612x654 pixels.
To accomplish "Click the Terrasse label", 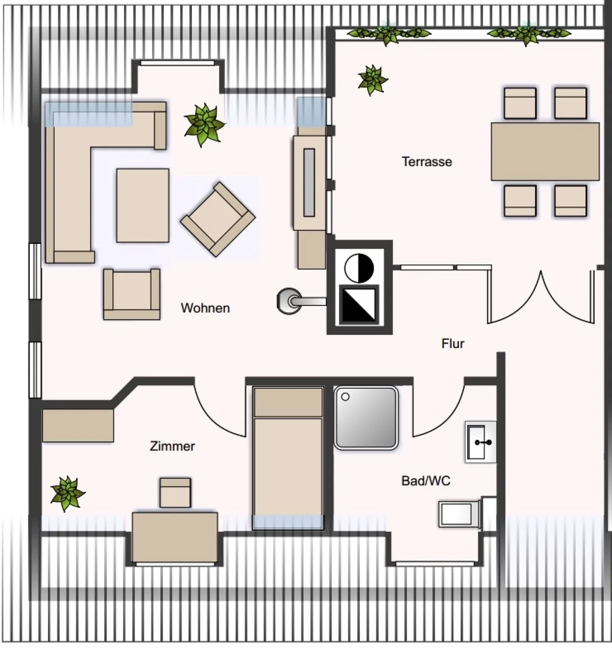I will (x=427, y=161).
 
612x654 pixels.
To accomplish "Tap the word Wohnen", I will (x=205, y=308).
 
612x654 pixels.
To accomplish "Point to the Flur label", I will (x=453, y=343).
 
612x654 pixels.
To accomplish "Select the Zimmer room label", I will (x=172, y=446).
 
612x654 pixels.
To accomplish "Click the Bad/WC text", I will (x=425, y=481).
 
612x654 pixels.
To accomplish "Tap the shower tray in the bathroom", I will (x=366, y=418).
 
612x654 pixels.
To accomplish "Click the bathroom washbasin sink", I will (x=480, y=442).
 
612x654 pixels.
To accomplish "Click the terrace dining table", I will (x=545, y=151).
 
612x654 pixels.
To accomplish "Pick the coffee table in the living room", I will (x=143, y=206).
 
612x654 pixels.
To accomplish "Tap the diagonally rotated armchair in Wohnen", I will (x=218, y=219).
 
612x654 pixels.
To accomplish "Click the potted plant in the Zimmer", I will (x=67, y=493).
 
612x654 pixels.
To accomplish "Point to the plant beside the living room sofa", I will (x=204, y=125).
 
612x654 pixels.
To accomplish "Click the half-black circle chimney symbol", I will (x=359, y=268).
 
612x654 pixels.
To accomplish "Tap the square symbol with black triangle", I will (x=359, y=305).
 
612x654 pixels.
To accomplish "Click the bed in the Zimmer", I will (x=288, y=458).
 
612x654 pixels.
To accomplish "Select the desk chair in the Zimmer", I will (x=175, y=493).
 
